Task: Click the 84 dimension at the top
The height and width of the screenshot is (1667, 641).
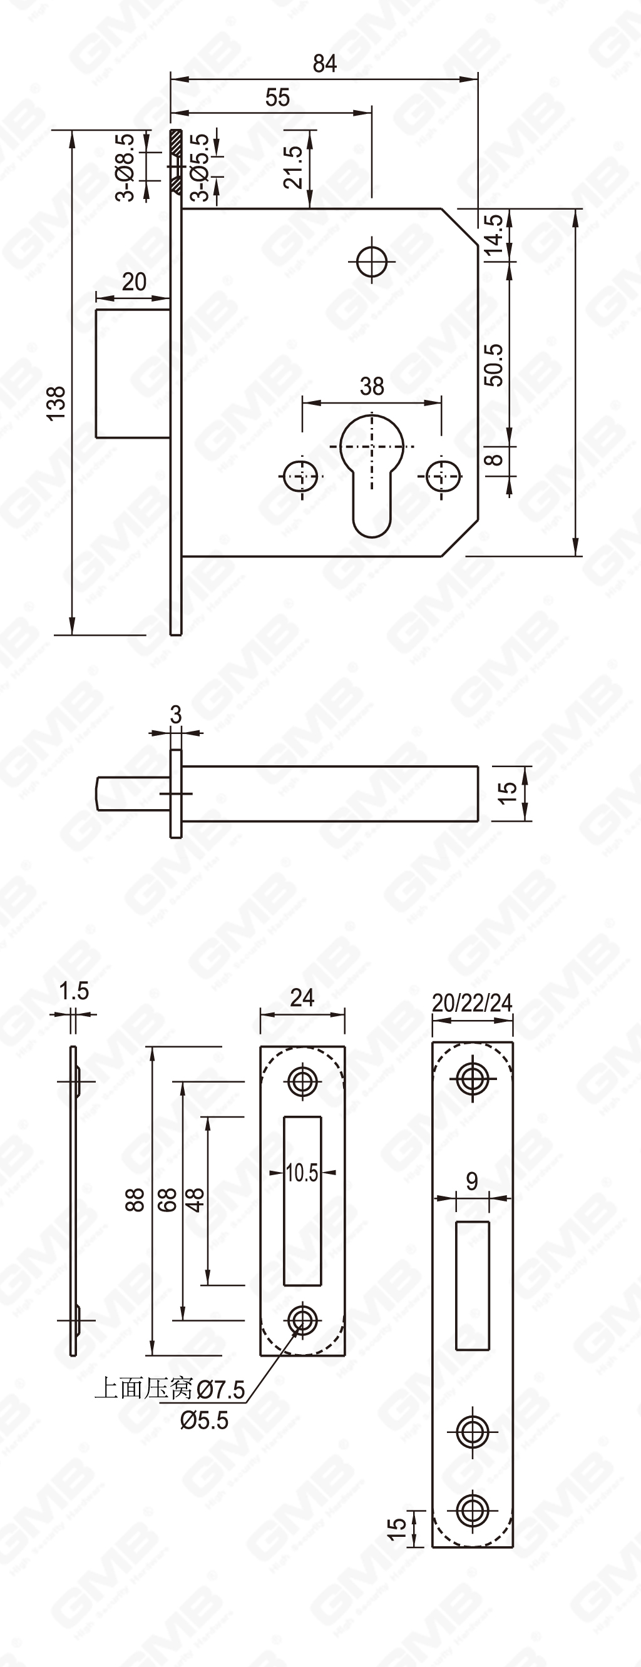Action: click(324, 63)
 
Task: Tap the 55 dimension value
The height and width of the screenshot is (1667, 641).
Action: click(277, 98)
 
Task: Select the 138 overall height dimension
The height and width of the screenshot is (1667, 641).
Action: click(57, 402)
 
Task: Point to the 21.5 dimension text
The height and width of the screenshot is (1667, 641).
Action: click(294, 166)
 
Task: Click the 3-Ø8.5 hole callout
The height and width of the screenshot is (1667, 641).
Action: click(126, 168)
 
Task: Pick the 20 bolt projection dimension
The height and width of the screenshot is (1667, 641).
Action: click(134, 282)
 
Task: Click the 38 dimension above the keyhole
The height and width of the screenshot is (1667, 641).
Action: click(372, 386)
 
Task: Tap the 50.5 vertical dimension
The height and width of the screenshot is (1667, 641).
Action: click(494, 365)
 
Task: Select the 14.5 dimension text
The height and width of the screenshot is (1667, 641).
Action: click(493, 235)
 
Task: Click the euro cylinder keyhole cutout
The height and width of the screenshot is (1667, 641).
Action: click(372, 472)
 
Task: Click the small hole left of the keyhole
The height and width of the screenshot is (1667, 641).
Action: click(301, 477)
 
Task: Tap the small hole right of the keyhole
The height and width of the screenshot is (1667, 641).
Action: click(443, 477)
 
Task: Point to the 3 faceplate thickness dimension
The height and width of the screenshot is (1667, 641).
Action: click(175, 715)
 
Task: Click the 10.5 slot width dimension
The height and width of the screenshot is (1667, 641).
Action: click(302, 1172)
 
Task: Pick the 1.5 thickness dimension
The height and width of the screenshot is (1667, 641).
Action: click(74, 991)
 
